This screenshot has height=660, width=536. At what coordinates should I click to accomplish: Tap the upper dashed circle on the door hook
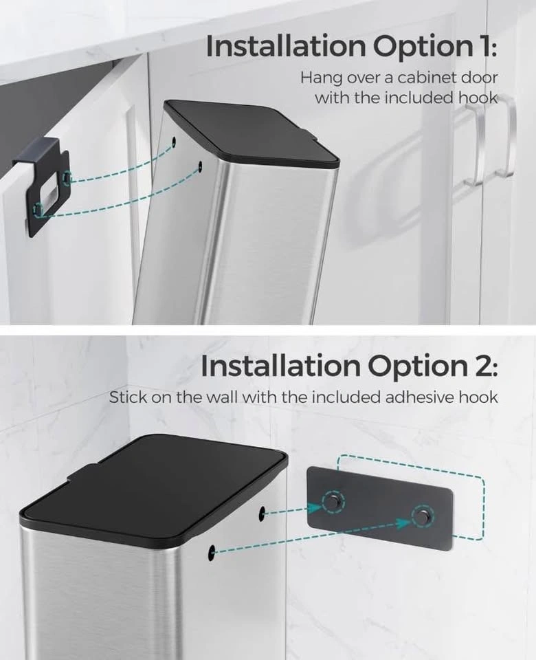[67, 178]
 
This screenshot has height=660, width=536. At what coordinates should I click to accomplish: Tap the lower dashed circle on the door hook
[38, 209]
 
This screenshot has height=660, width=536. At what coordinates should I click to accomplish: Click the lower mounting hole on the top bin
[200, 166]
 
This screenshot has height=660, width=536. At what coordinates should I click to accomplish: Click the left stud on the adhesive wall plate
[333, 501]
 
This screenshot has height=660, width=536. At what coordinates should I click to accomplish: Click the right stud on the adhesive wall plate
[421, 516]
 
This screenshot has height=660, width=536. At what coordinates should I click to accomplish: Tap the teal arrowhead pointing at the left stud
[315, 507]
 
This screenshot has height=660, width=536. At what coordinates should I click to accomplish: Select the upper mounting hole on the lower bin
[262, 512]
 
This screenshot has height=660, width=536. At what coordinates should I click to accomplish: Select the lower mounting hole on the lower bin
[212, 551]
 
